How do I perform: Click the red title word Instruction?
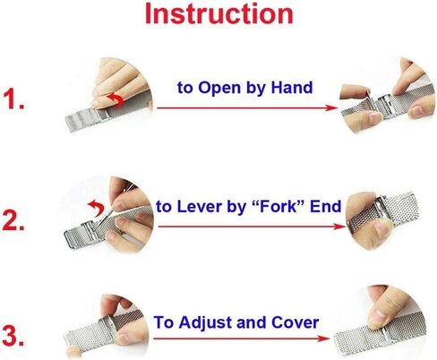coord(218,14)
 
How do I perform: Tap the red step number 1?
coord(13,99)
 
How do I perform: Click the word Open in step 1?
coord(219,89)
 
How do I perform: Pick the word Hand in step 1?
coord(292,88)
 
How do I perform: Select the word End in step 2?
coord(325,207)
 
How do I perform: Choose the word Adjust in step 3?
coord(206,323)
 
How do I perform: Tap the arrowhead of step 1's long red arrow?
coord(331,107)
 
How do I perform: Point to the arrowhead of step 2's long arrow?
coord(338,227)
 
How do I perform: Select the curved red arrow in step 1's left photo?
coord(117,99)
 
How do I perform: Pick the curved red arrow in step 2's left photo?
coord(97,206)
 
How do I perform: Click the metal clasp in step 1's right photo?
coord(382,107)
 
